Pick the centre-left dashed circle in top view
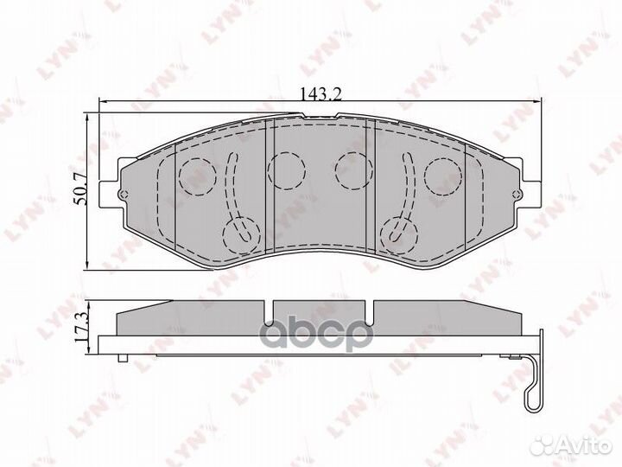pyautogui.click(x=284, y=169)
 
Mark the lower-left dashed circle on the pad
pyautogui.click(x=239, y=231)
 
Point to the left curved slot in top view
pyautogui.click(x=231, y=186)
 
